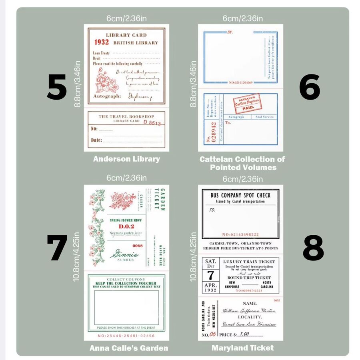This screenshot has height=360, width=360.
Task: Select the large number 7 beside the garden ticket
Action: [x=57, y=248]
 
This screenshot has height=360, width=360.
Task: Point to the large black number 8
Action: [x=313, y=248]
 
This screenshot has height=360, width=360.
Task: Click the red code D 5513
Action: [x=152, y=123]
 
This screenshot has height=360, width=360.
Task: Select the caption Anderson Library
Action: [x=126, y=159]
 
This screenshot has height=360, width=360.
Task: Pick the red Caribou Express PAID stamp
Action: [x=247, y=104]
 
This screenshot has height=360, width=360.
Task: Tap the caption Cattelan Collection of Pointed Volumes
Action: [x=243, y=163]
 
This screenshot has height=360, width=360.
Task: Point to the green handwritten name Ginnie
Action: [x=122, y=253]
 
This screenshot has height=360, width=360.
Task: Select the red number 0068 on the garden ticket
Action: [x=137, y=246]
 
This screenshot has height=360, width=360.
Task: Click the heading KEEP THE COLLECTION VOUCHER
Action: [x=126, y=283]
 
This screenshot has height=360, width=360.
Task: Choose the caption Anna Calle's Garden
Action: [x=129, y=348]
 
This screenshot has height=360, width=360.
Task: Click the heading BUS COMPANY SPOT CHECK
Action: [x=240, y=196]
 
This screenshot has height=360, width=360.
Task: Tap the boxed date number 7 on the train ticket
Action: [x=210, y=276]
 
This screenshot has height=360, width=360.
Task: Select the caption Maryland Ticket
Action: [x=242, y=348]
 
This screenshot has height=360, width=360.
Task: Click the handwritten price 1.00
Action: [x=245, y=334]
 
